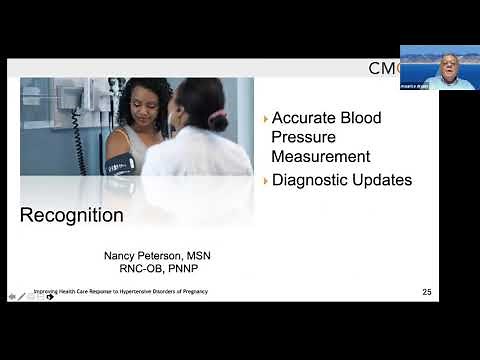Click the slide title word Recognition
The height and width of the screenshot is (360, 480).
(x=72, y=216)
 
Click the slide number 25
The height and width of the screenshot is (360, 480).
(x=427, y=292)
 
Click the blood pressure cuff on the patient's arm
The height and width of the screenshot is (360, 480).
(x=118, y=165)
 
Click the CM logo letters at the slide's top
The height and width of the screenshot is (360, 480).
(x=384, y=68)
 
